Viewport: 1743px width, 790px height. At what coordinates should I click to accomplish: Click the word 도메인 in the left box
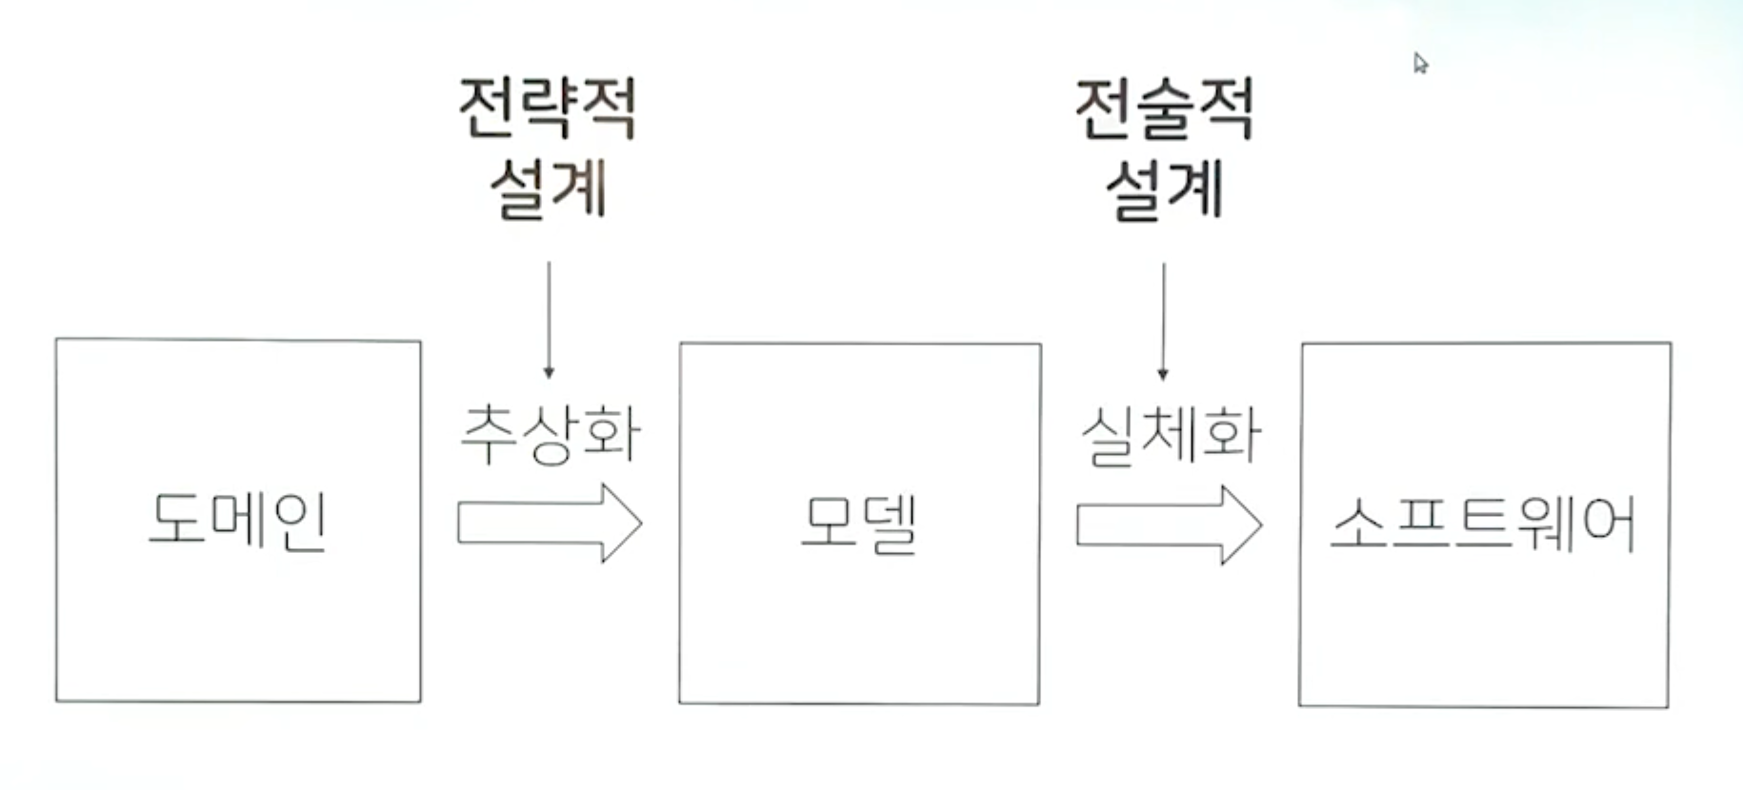click(x=237, y=521)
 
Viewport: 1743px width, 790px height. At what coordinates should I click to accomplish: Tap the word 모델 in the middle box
click(x=858, y=523)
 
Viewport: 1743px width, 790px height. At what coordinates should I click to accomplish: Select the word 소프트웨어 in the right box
click(x=1483, y=523)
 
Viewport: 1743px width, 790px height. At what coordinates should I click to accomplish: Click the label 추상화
click(x=550, y=435)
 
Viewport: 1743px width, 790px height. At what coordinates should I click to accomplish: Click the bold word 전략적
click(x=547, y=109)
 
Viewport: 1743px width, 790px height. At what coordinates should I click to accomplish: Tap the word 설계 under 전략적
click(x=548, y=188)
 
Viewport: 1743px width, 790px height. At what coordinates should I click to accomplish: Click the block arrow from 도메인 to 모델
click(x=549, y=523)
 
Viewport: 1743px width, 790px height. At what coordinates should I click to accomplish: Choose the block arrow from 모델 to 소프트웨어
click(x=1169, y=524)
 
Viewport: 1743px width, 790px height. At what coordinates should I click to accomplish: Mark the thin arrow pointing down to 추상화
click(x=549, y=319)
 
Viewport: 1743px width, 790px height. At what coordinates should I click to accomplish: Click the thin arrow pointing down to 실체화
click(x=1163, y=321)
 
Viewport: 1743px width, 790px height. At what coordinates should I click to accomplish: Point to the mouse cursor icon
click(x=1420, y=64)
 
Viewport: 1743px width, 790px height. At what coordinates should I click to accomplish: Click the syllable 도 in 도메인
click(x=177, y=519)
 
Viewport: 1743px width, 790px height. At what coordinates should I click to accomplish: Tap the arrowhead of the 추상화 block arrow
click(x=622, y=523)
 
